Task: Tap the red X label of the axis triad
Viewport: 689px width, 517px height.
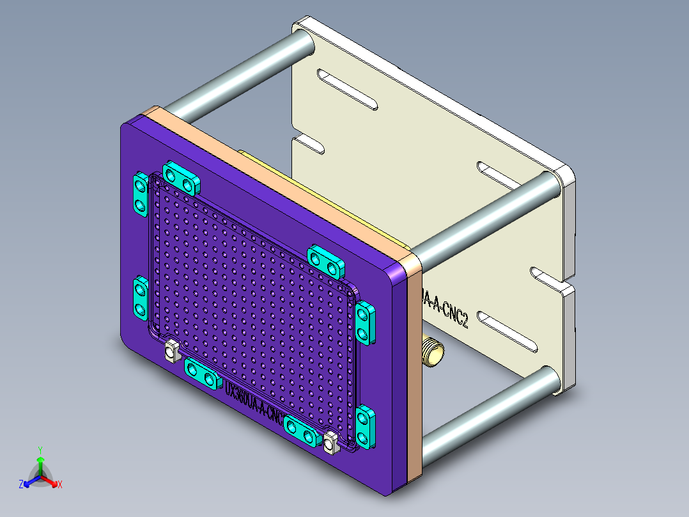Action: pos(60,485)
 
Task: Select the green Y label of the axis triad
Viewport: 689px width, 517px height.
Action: pos(40,450)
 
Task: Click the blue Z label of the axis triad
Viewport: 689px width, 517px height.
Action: pos(21,485)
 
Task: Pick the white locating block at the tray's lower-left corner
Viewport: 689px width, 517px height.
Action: pos(171,351)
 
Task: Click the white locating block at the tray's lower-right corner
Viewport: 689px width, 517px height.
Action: pos(330,443)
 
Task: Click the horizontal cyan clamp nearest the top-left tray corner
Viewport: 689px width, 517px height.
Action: pos(182,179)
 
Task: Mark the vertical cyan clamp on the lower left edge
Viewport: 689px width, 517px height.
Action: pos(140,298)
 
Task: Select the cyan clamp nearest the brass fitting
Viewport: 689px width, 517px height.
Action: pos(365,324)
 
